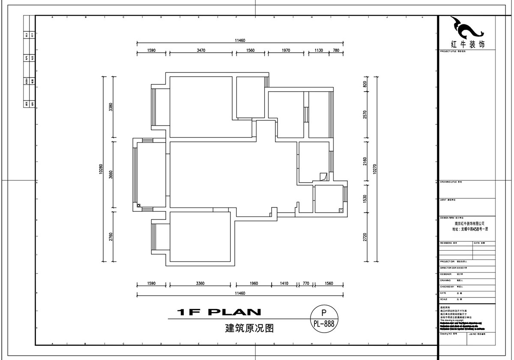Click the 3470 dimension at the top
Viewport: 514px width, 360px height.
click(201, 50)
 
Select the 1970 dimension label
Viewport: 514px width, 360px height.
click(286, 50)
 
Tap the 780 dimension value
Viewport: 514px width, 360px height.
click(336, 50)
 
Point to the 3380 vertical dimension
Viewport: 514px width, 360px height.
click(111, 107)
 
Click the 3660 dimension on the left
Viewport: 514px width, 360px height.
click(111, 175)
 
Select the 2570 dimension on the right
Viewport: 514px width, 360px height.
click(365, 114)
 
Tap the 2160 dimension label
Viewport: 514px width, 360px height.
click(365, 161)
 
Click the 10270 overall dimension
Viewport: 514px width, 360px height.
click(375, 169)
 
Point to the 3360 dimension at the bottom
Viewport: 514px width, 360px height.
click(200, 283)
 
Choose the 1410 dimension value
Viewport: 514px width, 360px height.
click(284, 283)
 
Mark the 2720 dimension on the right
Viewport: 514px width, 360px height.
click(365, 238)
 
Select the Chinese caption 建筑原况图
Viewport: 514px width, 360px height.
click(243, 329)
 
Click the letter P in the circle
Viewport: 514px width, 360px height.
click(324, 313)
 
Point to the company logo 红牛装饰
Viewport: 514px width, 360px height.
click(468, 33)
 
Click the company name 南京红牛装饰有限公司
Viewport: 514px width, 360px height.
click(469, 223)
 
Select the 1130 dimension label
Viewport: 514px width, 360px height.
click(319, 50)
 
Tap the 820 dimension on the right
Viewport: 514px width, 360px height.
click(365, 84)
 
